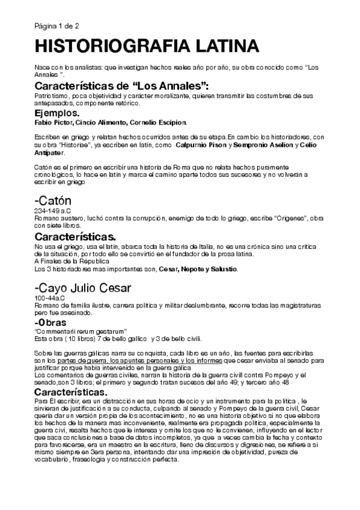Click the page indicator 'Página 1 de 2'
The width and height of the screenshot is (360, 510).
click(53, 25)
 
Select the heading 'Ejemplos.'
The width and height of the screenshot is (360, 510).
click(56, 112)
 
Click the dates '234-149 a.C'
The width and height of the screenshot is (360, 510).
click(52, 211)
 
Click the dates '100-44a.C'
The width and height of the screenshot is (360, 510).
click(50, 297)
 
